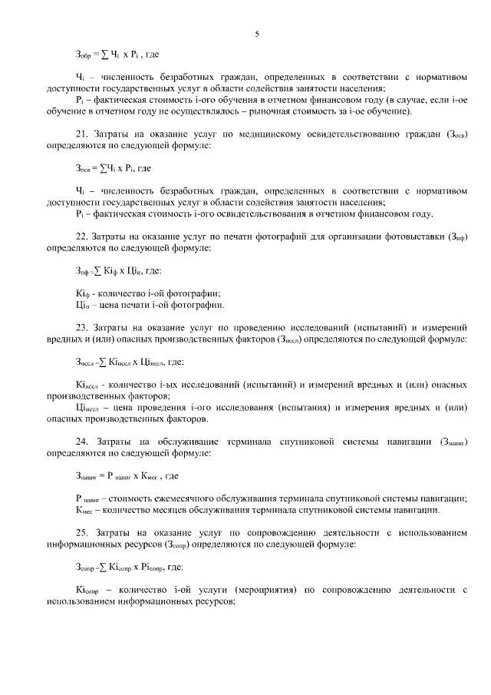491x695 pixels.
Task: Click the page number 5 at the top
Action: pos(257,33)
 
